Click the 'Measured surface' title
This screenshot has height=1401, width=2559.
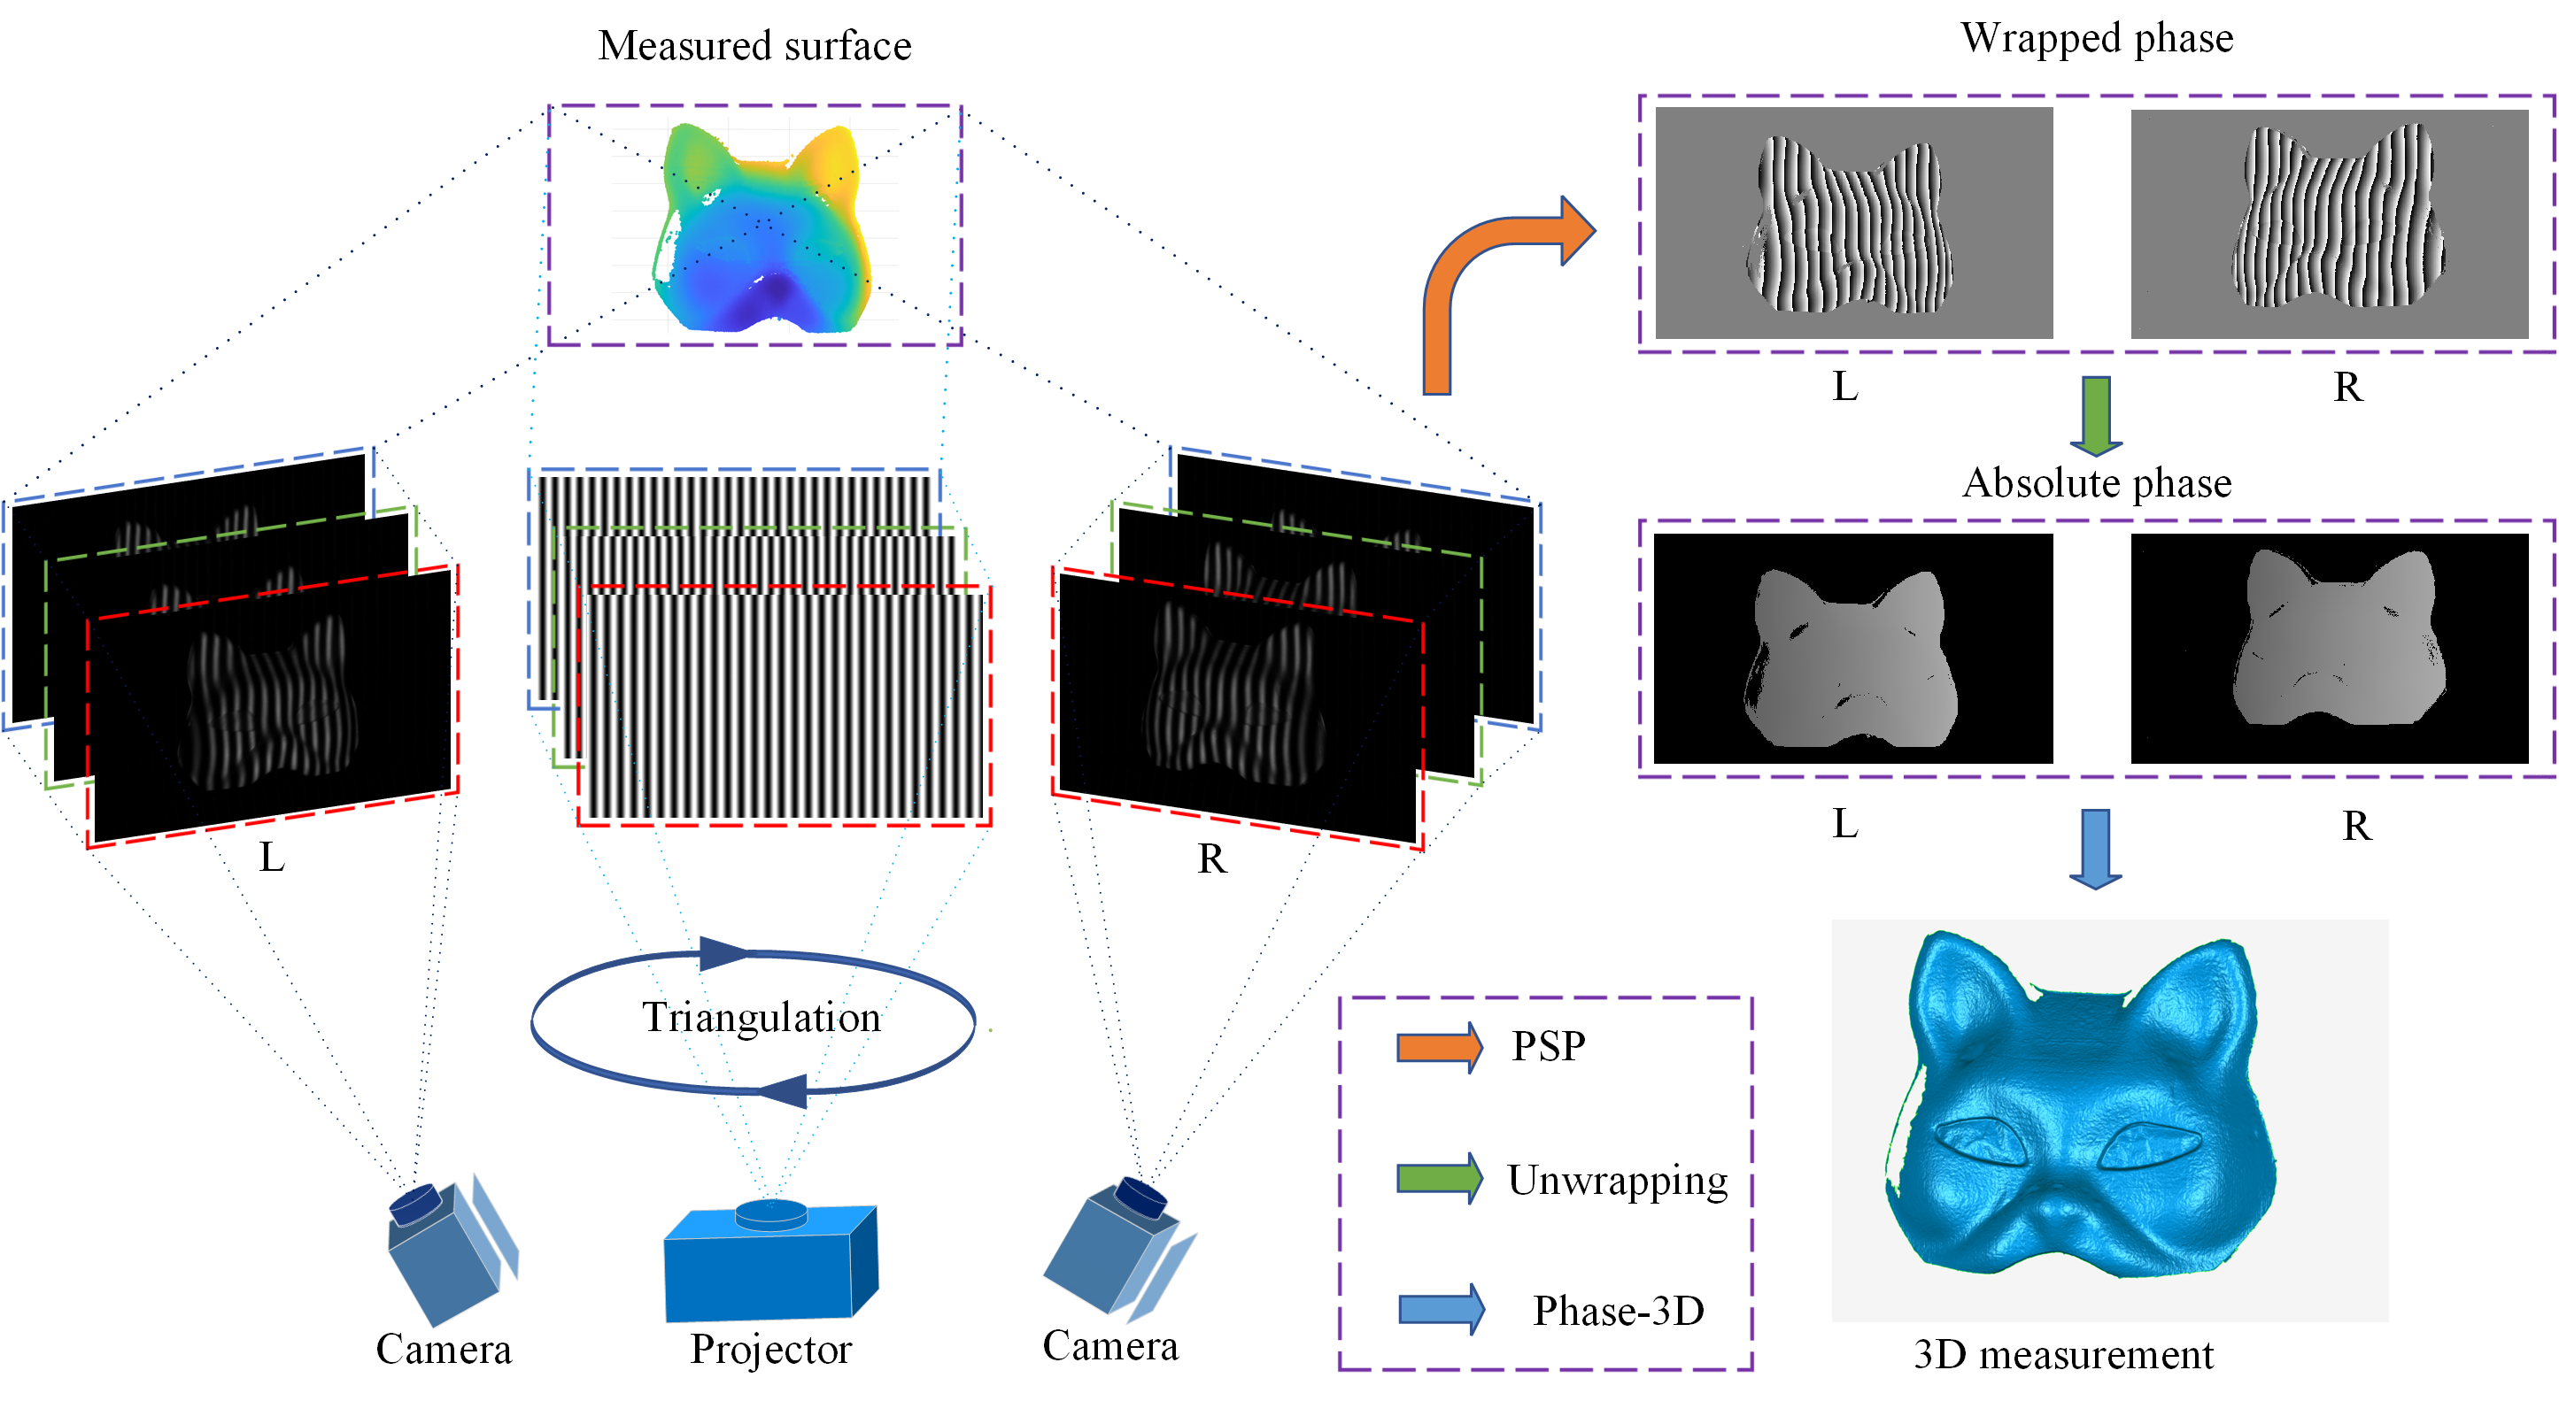point(754,46)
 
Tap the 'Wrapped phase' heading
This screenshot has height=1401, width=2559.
point(2096,38)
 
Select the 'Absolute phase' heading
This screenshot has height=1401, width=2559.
point(2096,482)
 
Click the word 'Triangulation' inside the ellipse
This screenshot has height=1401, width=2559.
point(761,1017)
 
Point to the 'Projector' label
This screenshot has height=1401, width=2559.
point(771,1349)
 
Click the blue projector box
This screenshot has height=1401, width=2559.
point(765,1266)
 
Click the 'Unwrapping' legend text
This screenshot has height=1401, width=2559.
point(1617,1180)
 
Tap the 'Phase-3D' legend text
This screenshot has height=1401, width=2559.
point(1619,1311)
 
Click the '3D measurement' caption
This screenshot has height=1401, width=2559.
point(2063,1354)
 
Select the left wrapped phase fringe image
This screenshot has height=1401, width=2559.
point(1853,223)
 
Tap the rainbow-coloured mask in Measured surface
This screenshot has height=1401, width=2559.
point(761,228)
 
